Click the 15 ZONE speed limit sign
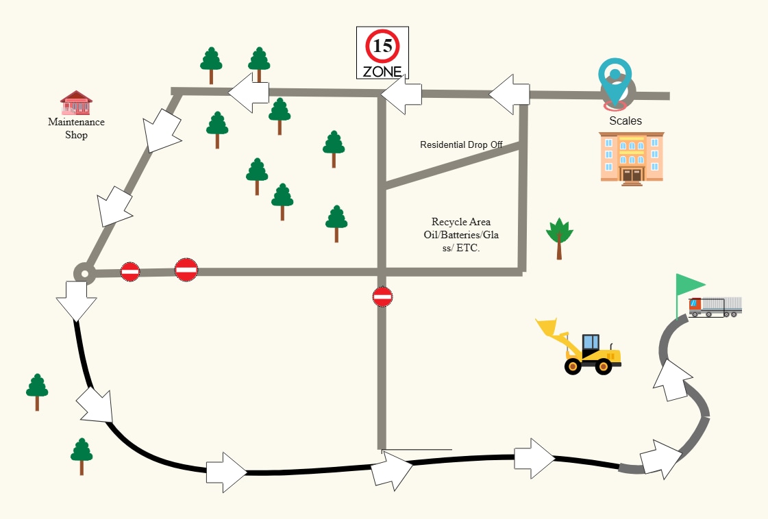pyautogui.click(x=382, y=53)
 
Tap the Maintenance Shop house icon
pyautogui.click(x=77, y=102)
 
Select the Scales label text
pyautogui.click(x=625, y=121)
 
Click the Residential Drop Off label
pyautogui.click(x=461, y=144)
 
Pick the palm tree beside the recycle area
pyautogui.click(x=559, y=238)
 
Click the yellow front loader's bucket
pyautogui.click(x=547, y=327)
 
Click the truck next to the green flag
pyautogui.click(x=715, y=307)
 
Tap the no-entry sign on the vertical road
pyautogui.click(x=382, y=296)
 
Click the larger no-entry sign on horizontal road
pyautogui.click(x=186, y=270)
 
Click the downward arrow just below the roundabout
pyautogui.click(x=77, y=301)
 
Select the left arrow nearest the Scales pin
pyautogui.click(x=510, y=94)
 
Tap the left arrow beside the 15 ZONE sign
pyautogui.click(x=401, y=94)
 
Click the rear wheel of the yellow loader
pyautogui.click(x=573, y=366)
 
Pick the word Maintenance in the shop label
pyautogui.click(x=77, y=122)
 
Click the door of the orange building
pyautogui.click(x=632, y=175)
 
